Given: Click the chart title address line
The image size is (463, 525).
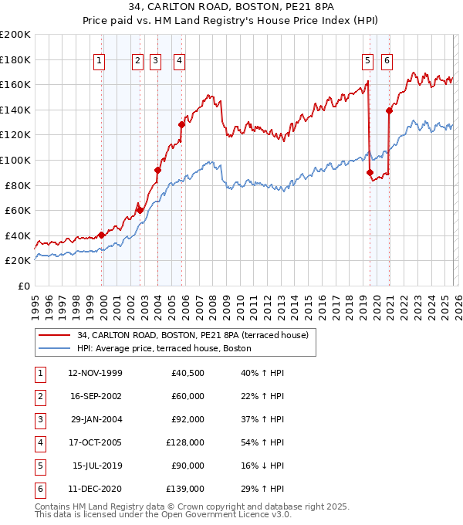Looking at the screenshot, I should (231, 8).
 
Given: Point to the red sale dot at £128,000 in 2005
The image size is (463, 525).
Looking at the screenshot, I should (181, 124).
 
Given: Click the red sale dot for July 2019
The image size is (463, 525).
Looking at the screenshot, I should (370, 172).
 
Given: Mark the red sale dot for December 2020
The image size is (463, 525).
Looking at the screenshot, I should (389, 110).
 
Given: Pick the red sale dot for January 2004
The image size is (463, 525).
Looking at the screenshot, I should (157, 170).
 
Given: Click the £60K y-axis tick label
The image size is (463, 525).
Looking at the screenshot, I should (18, 210).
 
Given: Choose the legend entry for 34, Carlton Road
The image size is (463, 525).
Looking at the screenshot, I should (192, 335).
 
